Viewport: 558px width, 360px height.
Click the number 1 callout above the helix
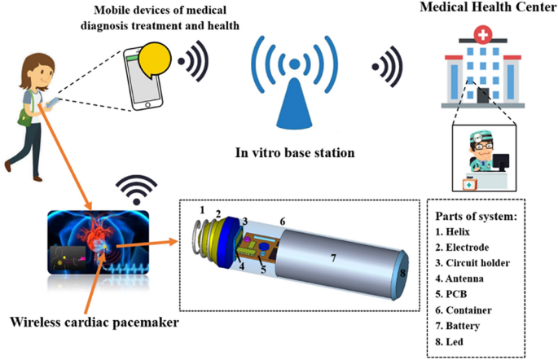pos(201,209)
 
